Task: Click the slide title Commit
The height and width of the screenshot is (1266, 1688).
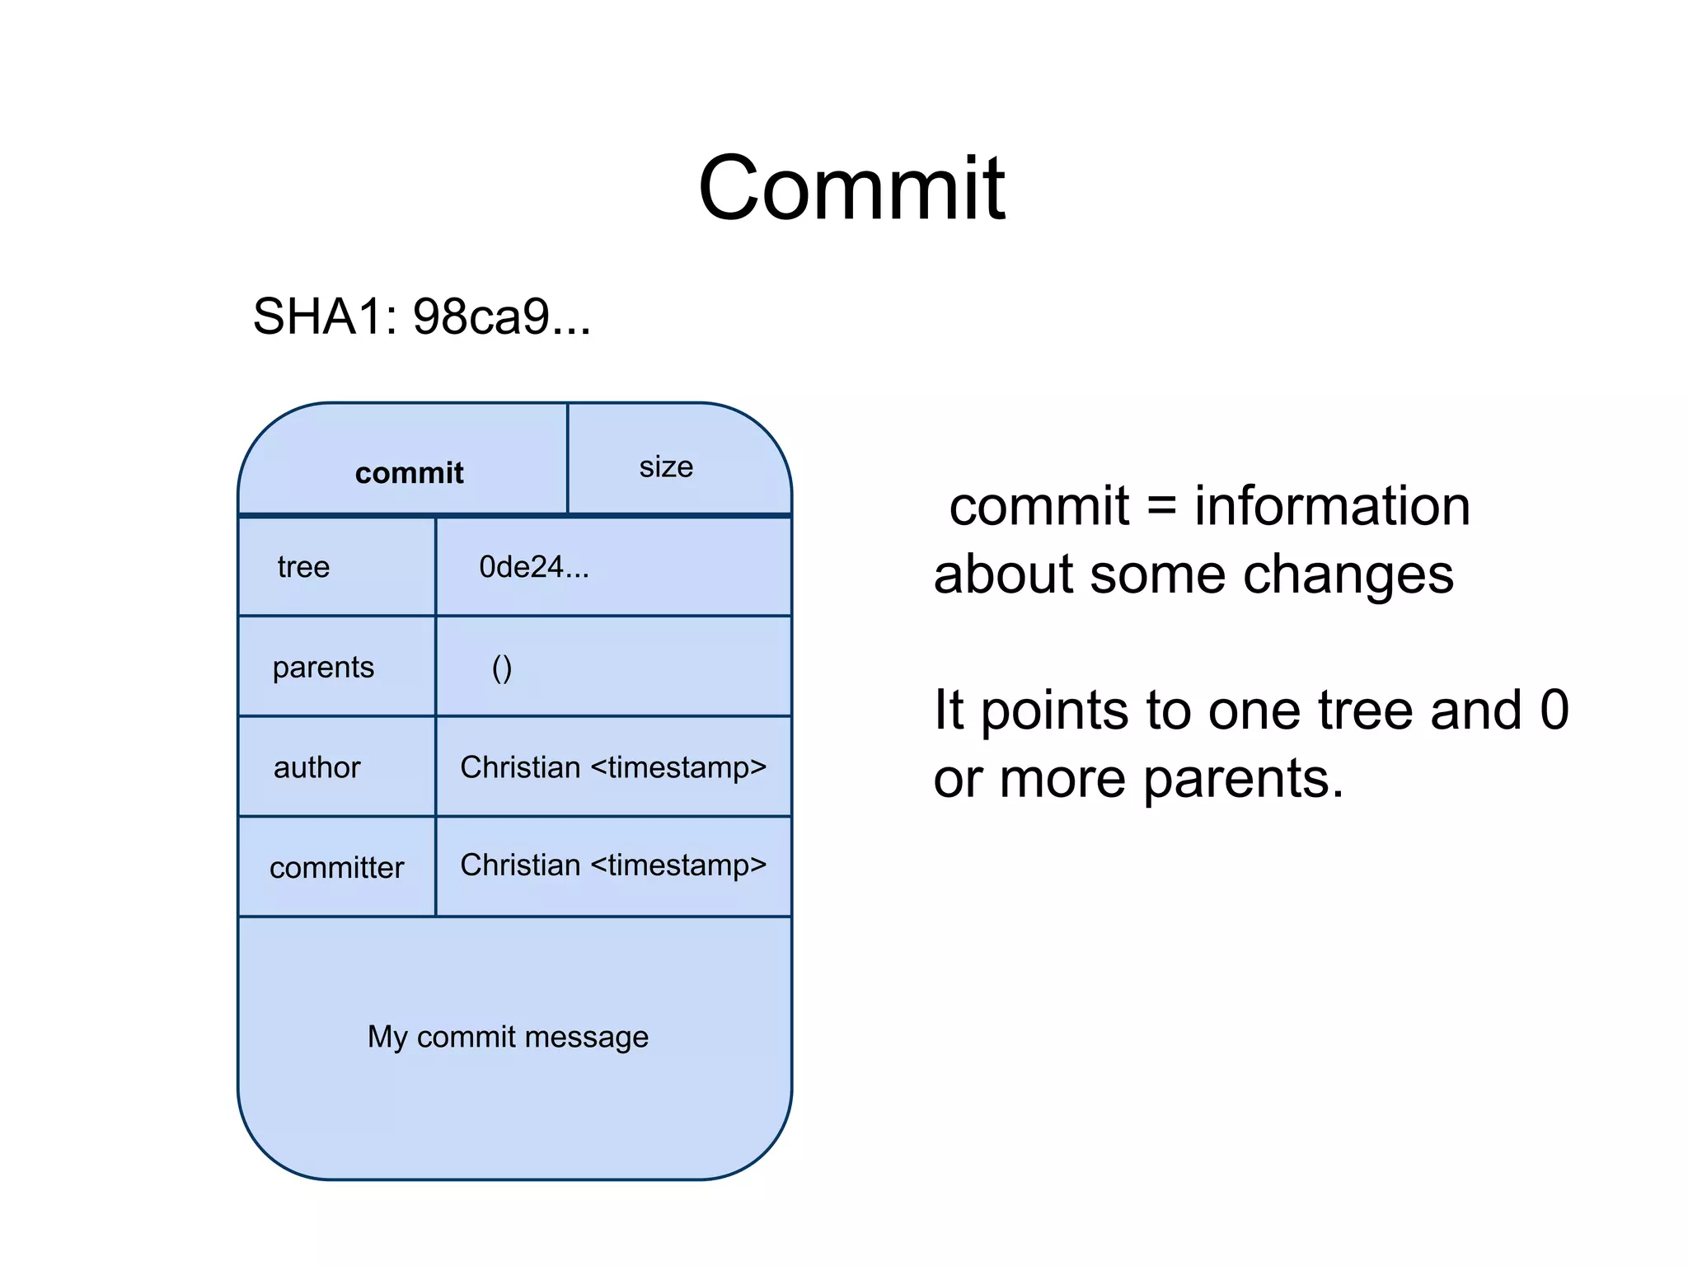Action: coord(851,190)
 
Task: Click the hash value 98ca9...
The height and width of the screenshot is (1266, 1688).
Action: coord(500,316)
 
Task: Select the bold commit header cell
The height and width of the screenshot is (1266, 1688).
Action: coord(409,473)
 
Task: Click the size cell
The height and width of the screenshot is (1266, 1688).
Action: coord(666,467)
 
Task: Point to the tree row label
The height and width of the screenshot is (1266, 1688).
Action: coord(303,567)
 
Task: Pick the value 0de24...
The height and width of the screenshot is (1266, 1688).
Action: coord(533,567)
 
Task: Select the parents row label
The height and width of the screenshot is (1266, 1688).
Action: coord(323,668)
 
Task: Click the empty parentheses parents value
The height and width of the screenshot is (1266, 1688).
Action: coord(501,668)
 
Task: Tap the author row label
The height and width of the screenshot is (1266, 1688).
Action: coord(316,768)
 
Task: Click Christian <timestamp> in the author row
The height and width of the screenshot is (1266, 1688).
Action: coord(613,767)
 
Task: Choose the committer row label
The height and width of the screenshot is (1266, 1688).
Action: coord(336,868)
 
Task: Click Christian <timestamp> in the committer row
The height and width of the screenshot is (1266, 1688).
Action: coord(613,865)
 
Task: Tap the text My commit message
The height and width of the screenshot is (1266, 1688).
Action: coord(508,1037)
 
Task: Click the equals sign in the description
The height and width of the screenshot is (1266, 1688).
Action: coord(1160,506)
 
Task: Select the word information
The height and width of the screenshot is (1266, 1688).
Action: coord(1332,506)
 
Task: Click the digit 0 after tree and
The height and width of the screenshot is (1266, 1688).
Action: coord(1554,710)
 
